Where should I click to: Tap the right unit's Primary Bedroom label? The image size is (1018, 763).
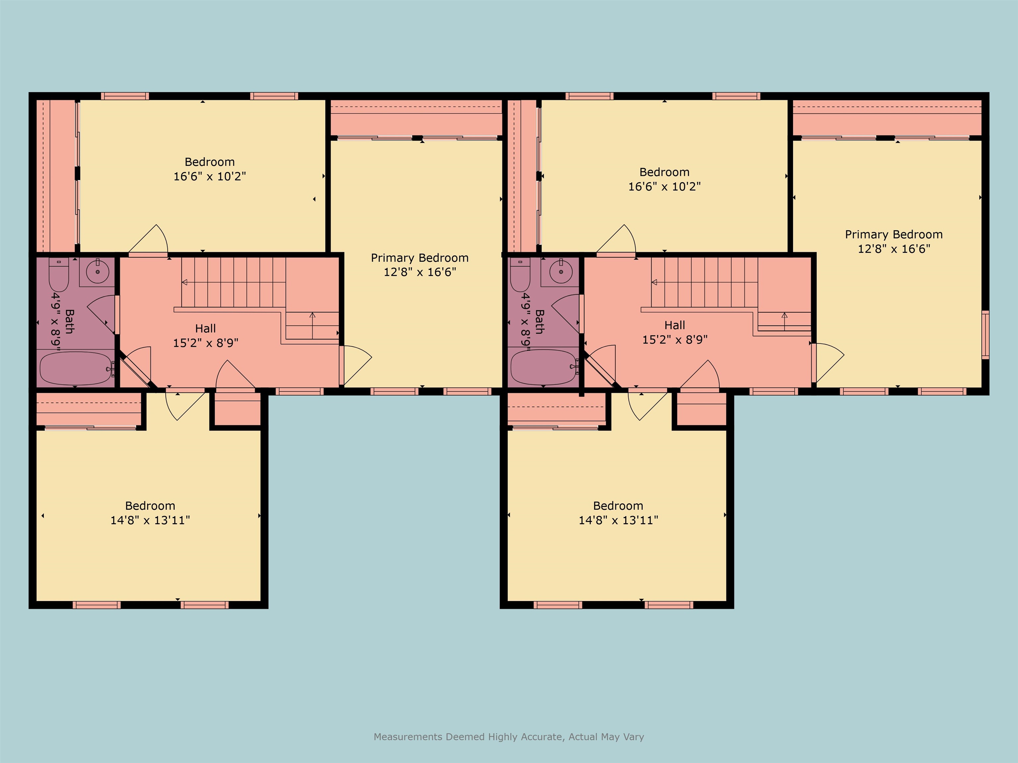pyautogui.click(x=893, y=234)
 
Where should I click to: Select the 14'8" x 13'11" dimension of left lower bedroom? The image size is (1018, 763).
pyautogui.click(x=150, y=520)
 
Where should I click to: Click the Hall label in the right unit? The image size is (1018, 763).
pyautogui.click(x=674, y=325)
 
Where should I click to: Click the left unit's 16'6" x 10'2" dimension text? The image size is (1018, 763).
pyautogui.click(x=209, y=176)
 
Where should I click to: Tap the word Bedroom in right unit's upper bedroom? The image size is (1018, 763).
pyautogui.click(x=664, y=172)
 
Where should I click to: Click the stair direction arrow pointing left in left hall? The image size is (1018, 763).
pyautogui.click(x=185, y=282)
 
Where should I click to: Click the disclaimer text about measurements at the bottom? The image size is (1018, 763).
pyautogui.click(x=509, y=737)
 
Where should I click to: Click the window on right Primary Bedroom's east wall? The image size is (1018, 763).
pyautogui.click(x=985, y=335)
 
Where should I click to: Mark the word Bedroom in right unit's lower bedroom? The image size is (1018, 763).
pyautogui.click(x=618, y=506)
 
